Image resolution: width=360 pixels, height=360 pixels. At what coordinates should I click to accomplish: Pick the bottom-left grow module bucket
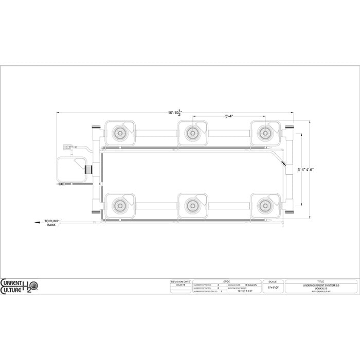pyautogui.click(x=120, y=205)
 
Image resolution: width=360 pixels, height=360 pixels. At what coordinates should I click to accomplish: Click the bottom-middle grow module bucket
pyautogui.click(x=193, y=205)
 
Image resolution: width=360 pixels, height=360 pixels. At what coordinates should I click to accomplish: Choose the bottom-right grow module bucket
pyautogui.click(x=265, y=205)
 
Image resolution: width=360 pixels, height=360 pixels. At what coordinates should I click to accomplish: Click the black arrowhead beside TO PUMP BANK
pyautogui.click(x=37, y=223)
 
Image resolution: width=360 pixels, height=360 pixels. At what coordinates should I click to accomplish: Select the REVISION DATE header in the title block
pyautogui.click(x=180, y=281)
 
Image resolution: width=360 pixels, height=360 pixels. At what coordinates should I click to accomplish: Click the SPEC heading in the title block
pyautogui.click(x=226, y=281)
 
